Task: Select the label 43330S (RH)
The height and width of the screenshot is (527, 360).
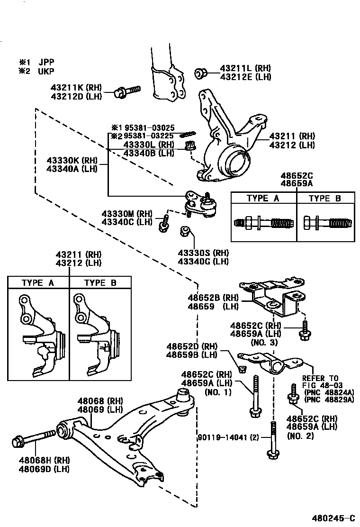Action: click(x=203, y=253)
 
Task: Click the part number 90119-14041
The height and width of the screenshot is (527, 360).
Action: click(x=225, y=437)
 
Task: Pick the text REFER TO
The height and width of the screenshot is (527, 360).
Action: click(x=321, y=378)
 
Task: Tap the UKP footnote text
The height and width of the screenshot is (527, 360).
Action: click(x=46, y=72)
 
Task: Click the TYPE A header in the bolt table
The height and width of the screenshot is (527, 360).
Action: click(x=263, y=199)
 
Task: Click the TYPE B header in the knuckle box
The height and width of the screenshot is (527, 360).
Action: click(x=100, y=283)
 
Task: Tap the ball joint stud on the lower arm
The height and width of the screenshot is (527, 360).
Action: click(x=183, y=394)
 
